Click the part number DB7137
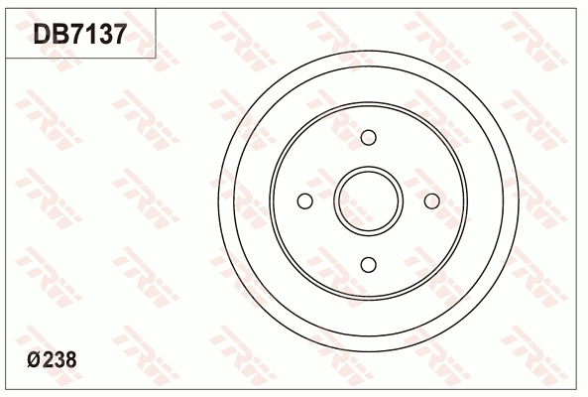[x=80, y=34]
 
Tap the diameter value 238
[x=59, y=359]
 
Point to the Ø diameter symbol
[x=34, y=360]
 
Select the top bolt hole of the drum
[x=368, y=138]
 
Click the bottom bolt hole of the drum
[x=368, y=265]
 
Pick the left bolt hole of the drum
[x=304, y=201]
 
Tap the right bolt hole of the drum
[x=432, y=201]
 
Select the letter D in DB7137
[x=42, y=34]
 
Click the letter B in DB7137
[x=61, y=34]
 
